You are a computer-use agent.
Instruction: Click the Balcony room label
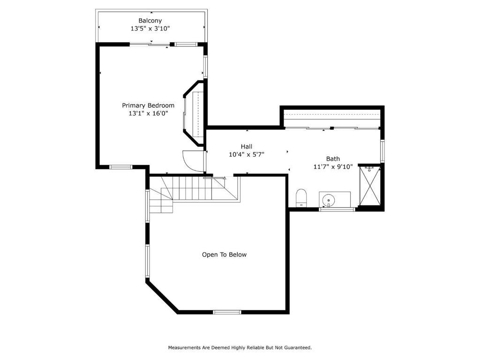click(150, 21)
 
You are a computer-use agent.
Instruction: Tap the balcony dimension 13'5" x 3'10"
click(150, 29)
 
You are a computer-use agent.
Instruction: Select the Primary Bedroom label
click(148, 105)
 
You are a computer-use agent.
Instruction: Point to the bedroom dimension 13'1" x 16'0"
click(148, 113)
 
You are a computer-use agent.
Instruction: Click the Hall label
click(247, 146)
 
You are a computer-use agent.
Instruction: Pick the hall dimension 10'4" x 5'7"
click(247, 155)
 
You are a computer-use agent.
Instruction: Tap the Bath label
click(333, 158)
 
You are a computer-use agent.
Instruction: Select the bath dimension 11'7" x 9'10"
click(333, 167)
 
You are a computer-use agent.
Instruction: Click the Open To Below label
click(224, 255)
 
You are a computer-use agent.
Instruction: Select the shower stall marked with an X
click(369, 186)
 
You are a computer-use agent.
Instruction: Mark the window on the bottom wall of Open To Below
click(227, 312)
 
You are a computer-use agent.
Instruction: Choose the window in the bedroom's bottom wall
click(120, 167)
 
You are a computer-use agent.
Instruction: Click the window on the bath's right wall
click(382, 150)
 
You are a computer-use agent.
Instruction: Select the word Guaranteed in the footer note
click(298, 347)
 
